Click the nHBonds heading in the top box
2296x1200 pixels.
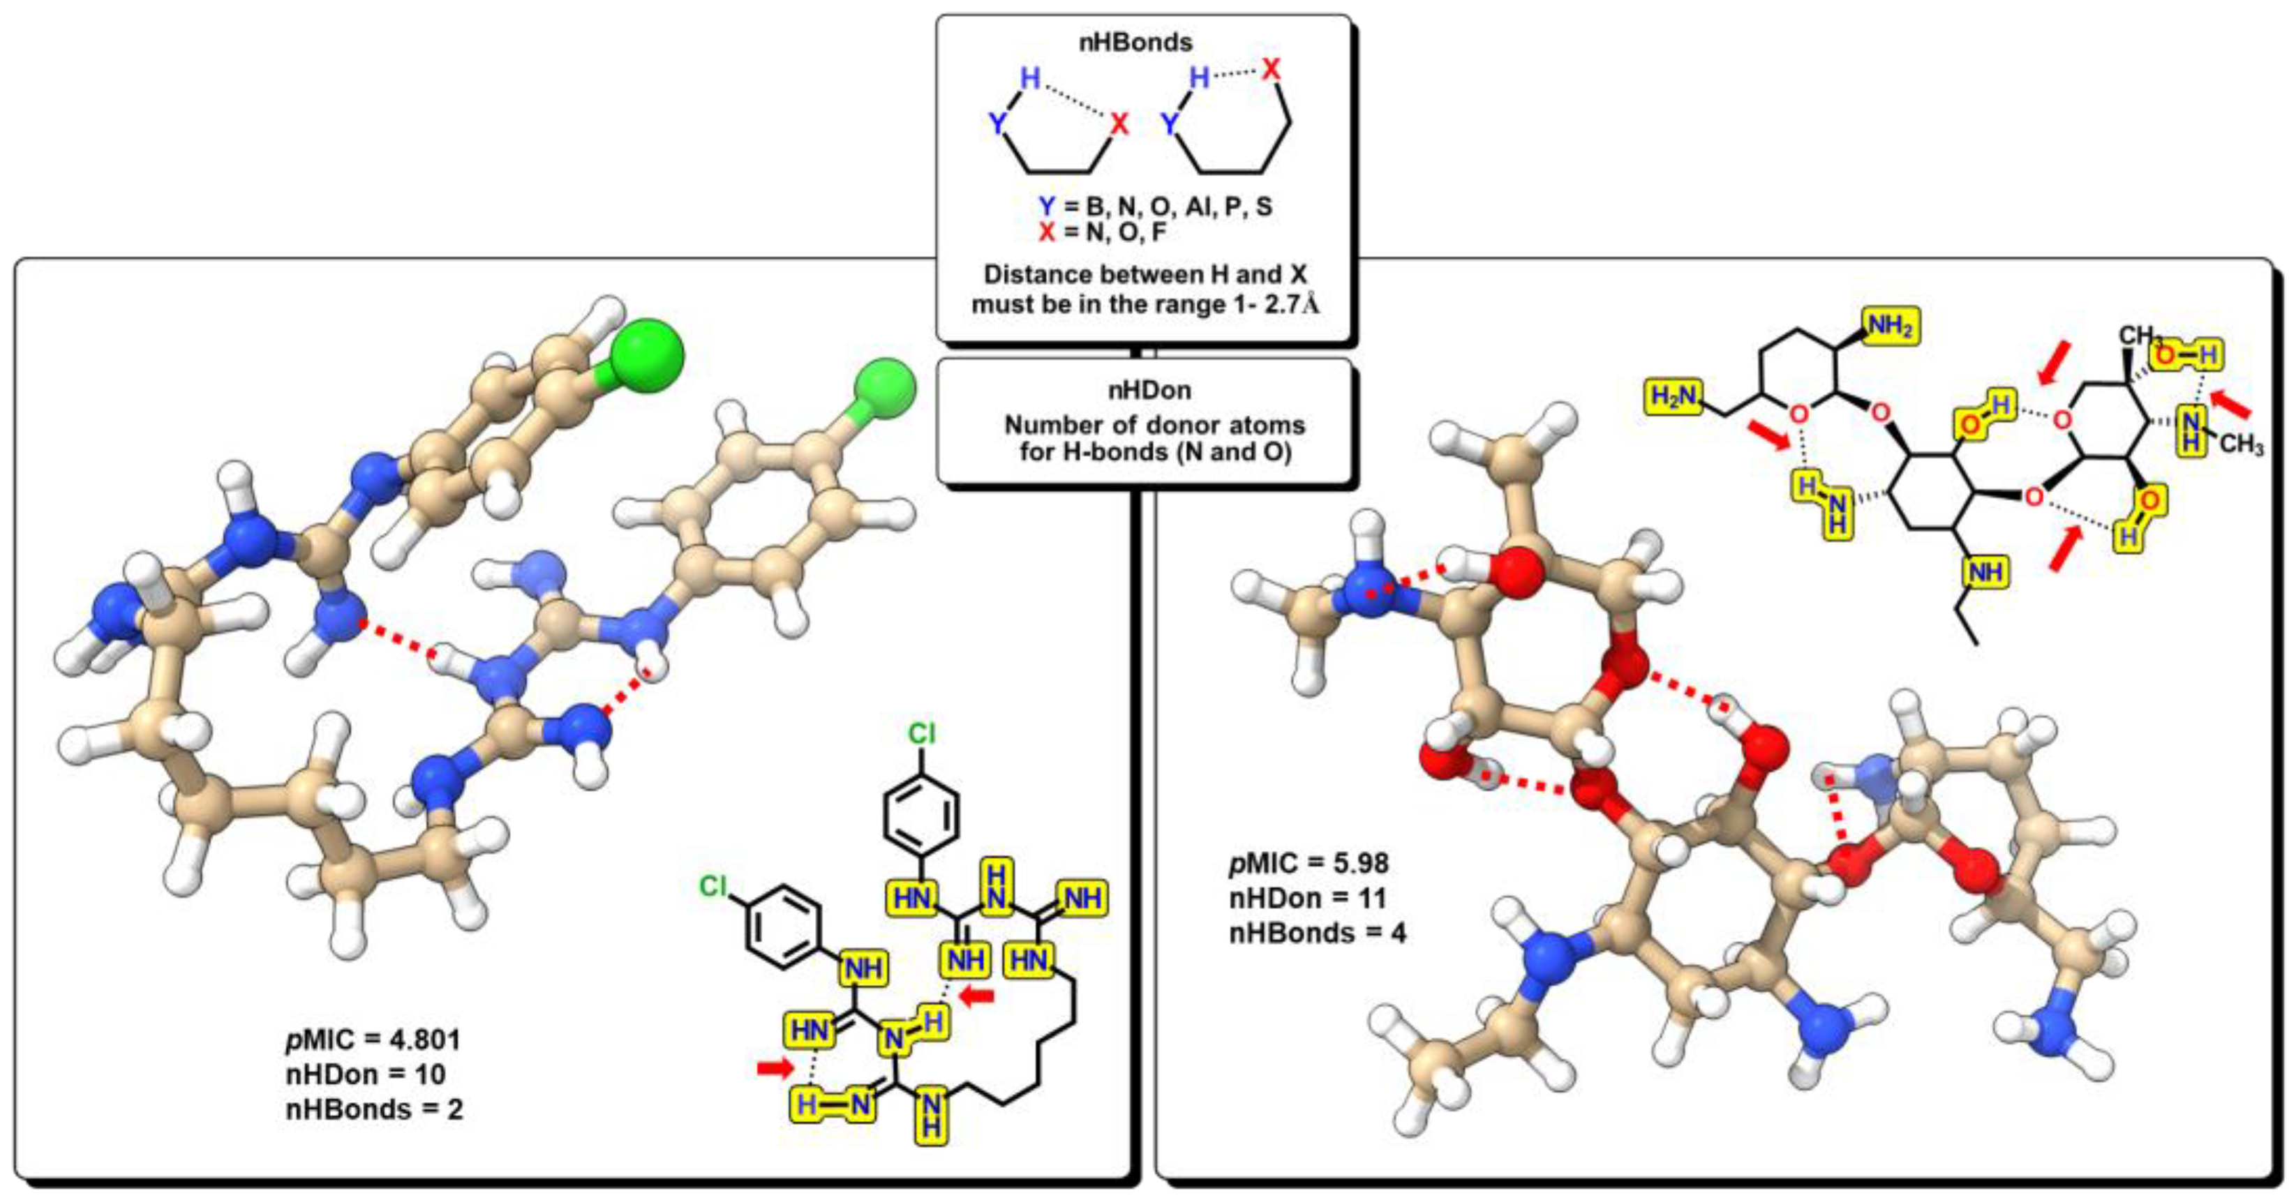click(x=1135, y=42)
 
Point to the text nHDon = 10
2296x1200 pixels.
click(x=366, y=1074)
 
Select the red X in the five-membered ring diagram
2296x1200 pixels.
click(x=1119, y=125)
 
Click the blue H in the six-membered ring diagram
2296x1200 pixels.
click(x=1199, y=78)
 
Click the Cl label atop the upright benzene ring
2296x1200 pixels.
click(x=922, y=733)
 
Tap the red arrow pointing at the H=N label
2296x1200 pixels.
click(x=774, y=1067)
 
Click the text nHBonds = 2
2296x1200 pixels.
click(x=374, y=1109)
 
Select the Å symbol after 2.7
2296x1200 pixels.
click(x=1310, y=305)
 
